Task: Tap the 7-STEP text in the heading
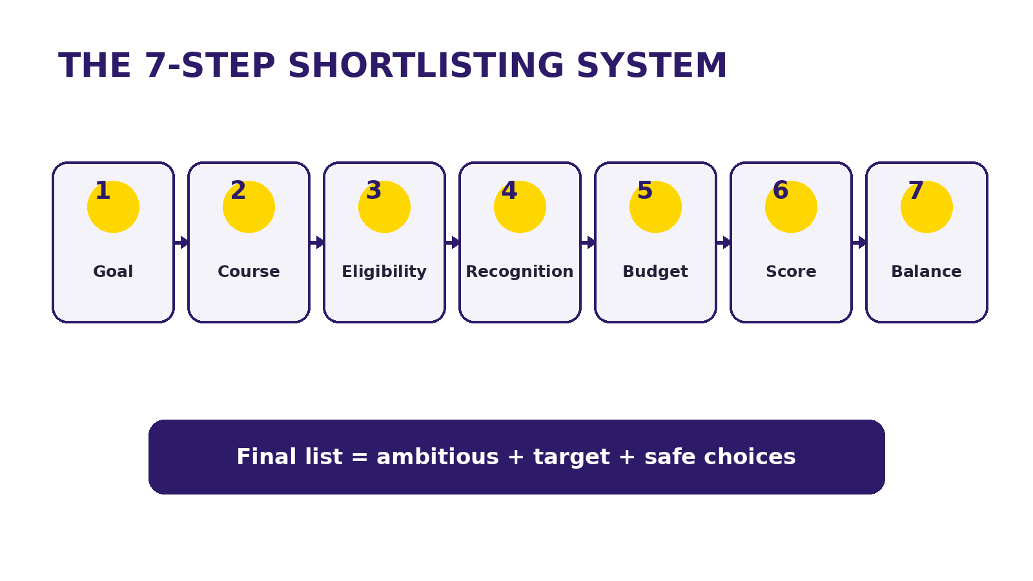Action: (210, 65)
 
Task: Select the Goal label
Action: (113, 272)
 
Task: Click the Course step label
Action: (249, 272)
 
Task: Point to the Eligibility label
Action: (384, 272)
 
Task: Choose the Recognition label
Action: (520, 272)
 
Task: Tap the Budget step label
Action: (655, 272)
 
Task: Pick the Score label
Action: (791, 272)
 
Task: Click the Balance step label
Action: (926, 272)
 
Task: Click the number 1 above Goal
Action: (103, 190)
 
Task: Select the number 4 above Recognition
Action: (509, 190)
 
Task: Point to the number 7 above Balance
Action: (916, 190)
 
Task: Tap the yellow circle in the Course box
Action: (249, 207)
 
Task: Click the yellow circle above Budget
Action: (655, 207)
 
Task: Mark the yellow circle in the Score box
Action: (791, 207)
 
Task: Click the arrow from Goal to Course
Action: (181, 242)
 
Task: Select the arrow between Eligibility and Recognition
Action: (453, 242)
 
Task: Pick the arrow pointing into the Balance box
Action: (859, 242)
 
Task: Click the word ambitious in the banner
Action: (438, 457)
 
